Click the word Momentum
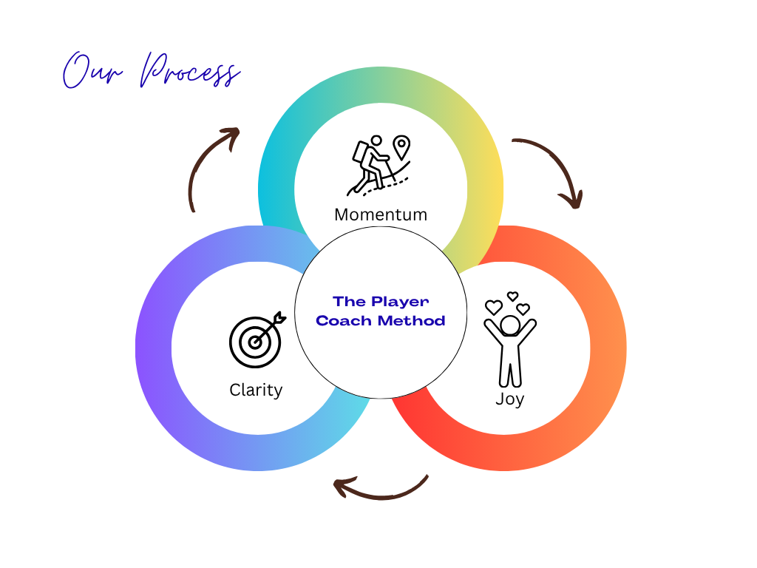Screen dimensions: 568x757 (381, 214)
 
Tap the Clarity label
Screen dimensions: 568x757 (256, 390)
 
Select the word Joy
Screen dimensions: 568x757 (509, 399)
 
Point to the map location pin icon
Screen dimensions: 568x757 (401, 146)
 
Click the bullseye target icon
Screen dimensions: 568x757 (255, 342)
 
